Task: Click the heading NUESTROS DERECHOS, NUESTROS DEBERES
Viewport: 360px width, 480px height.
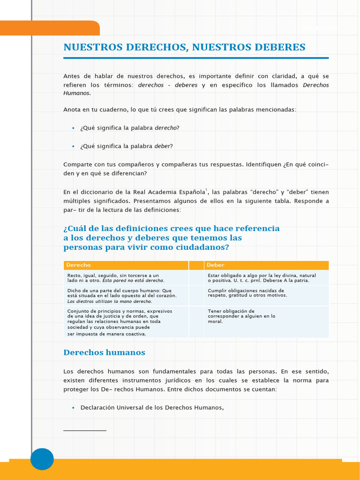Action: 184,47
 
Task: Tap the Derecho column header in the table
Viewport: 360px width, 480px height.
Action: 78,265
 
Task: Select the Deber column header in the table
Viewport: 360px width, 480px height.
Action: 216,265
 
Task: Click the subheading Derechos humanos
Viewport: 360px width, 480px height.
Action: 104,352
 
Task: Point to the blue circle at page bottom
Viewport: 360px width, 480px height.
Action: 42,459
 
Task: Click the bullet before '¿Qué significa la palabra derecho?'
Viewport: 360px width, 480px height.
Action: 73,128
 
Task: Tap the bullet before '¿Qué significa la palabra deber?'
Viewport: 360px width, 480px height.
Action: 73,146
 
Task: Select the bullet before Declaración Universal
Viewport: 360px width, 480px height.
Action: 73,408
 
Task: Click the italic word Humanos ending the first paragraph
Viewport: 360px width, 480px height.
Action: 76,93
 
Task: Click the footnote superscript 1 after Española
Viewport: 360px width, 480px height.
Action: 207,190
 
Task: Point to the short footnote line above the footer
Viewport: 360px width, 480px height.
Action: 85,430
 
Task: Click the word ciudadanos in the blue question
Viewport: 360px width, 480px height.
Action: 205,247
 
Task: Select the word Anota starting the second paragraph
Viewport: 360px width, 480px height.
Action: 72,110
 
